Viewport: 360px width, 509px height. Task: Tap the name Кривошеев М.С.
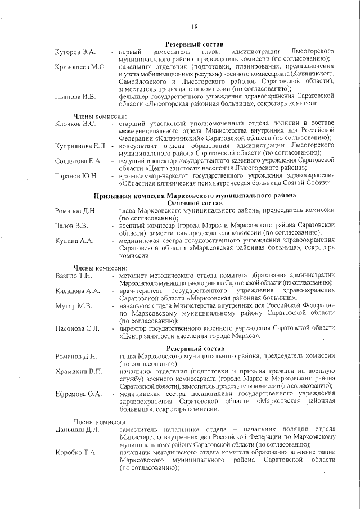click(80, 67)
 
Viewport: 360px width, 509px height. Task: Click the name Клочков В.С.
click(75, 123)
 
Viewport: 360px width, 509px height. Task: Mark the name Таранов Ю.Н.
click(76, 176)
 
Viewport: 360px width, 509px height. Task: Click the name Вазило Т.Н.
click(73, 275)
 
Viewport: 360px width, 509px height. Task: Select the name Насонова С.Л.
click(76, 328)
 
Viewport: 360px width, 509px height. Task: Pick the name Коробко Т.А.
click(75, 452)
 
